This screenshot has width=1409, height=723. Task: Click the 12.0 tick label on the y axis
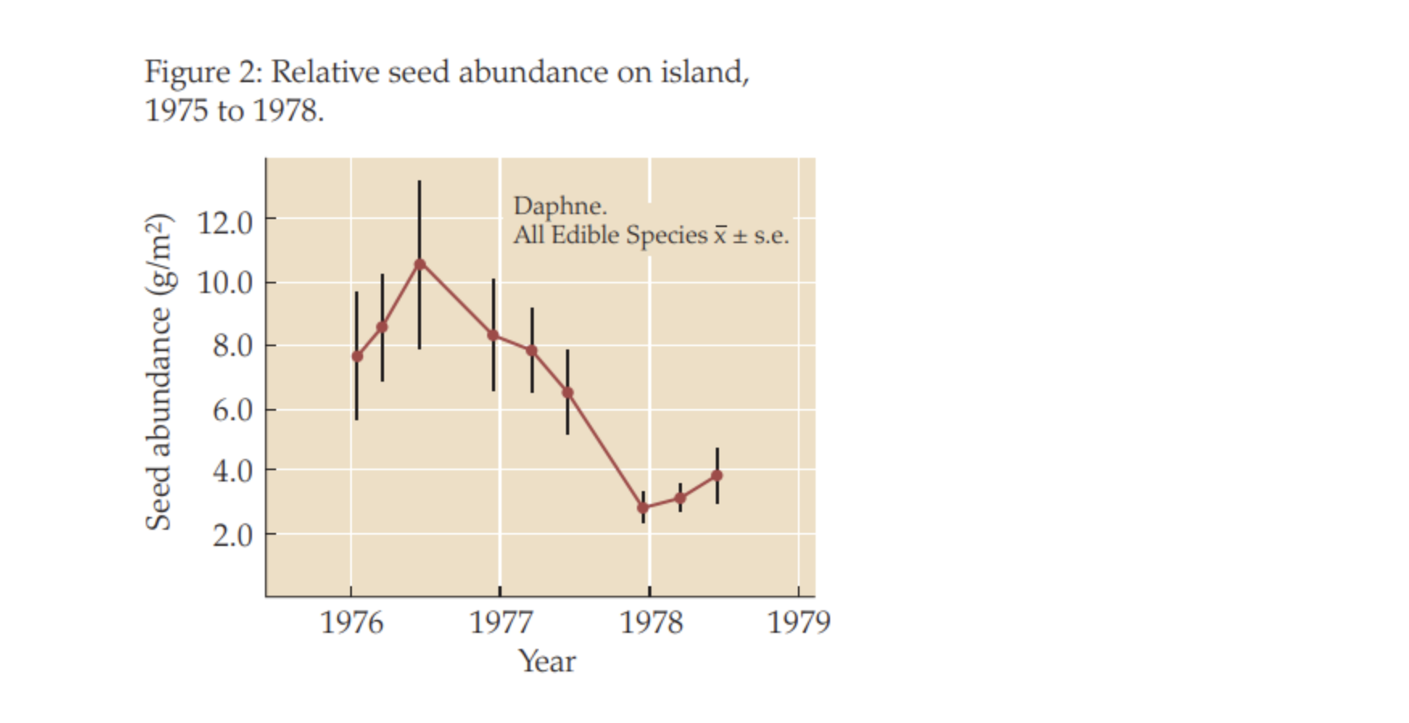(225, 221)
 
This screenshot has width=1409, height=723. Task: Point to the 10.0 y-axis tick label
(225, 283)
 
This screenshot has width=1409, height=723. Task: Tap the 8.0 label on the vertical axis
(232, 346)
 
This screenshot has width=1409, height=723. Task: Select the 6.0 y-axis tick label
(232, 411)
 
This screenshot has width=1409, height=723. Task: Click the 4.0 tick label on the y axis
(232, 471)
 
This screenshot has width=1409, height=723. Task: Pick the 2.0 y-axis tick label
(232, 535)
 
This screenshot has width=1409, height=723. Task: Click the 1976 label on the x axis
(352, 622)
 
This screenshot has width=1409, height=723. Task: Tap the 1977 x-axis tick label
(501, 622)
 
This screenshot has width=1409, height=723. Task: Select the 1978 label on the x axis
(651, 622)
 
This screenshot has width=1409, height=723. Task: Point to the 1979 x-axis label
(799, 622)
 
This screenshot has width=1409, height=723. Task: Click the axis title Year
(547, 662)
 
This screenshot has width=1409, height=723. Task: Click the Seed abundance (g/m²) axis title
(159, 372)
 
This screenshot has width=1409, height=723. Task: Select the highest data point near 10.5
(419, 264)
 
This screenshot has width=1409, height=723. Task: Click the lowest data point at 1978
(643, 508)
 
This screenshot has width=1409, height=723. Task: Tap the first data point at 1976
(357, 357)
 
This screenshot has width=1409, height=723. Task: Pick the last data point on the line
(717, 476)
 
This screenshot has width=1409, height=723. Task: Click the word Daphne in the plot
(559, 206)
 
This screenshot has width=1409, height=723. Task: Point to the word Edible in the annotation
(585, 235)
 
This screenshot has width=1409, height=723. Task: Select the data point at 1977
(494, 335)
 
